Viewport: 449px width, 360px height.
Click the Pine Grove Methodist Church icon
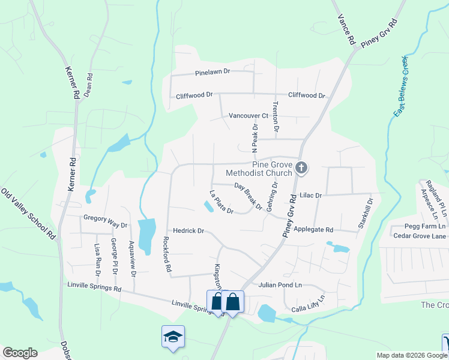click(302, 169)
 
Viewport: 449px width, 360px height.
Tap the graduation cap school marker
click(173, 337)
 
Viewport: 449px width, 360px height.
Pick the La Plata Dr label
click(220, 202)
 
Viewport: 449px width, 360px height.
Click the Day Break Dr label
click(248, 196)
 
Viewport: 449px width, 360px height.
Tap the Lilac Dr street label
click(310, 196)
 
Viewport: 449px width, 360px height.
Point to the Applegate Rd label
click(312, 230)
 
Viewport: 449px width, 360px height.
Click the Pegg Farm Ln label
click(424, 226)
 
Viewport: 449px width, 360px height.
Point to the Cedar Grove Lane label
click(420, 236)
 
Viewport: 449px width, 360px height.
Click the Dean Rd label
click(89, 85)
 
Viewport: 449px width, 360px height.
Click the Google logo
click(20, 352)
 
